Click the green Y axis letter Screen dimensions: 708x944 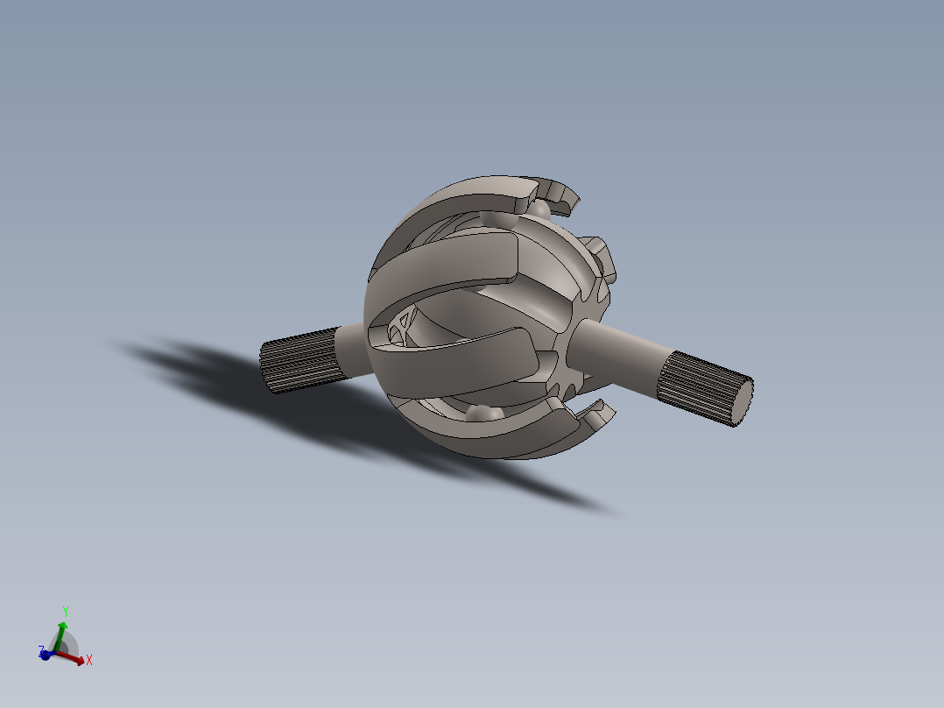[x=66, y=610]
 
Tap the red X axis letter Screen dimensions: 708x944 [x=89, y=660]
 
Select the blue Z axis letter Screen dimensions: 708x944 [x=40, y=651]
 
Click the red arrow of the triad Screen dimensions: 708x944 [x=74, y=657]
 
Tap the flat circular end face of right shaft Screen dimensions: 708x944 [x=741, y=402]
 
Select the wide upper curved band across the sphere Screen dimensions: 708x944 [x=447, y=263]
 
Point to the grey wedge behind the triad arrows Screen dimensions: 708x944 [x=70, y=646]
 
